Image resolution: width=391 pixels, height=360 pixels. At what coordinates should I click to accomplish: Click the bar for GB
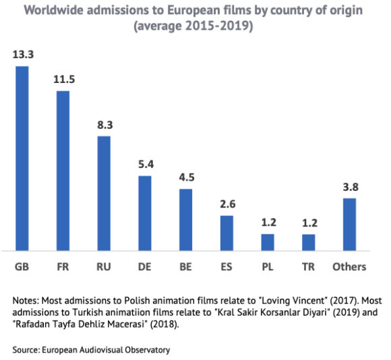(22, 158)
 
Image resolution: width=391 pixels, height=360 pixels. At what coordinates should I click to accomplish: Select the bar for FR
(63, 170)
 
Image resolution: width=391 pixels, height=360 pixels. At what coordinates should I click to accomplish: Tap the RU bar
(104, 193)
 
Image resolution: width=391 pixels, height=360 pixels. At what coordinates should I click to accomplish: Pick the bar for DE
(144, 212)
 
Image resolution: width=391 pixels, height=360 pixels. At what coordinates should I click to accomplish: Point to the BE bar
(185, 219)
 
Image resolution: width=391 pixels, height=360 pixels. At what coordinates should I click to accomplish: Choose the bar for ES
(227, 232)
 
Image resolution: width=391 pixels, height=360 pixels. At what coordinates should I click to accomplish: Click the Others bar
(349, 224)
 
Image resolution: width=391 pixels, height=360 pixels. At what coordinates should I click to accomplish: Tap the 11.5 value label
(63, 79)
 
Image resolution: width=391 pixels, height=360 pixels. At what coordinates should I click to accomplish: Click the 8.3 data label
(104, 124)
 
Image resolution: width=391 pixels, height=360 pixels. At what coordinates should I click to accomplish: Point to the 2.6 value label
(227, 204)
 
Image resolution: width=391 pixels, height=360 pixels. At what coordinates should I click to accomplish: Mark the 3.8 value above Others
(349, 186)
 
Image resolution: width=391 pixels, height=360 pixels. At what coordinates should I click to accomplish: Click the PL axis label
(267, 266)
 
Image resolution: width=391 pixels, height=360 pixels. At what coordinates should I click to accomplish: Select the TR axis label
(308, 266)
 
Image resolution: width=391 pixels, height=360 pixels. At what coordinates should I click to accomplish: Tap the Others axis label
(349, 266)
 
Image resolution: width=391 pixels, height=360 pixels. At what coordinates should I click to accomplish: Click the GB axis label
(22, 266)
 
